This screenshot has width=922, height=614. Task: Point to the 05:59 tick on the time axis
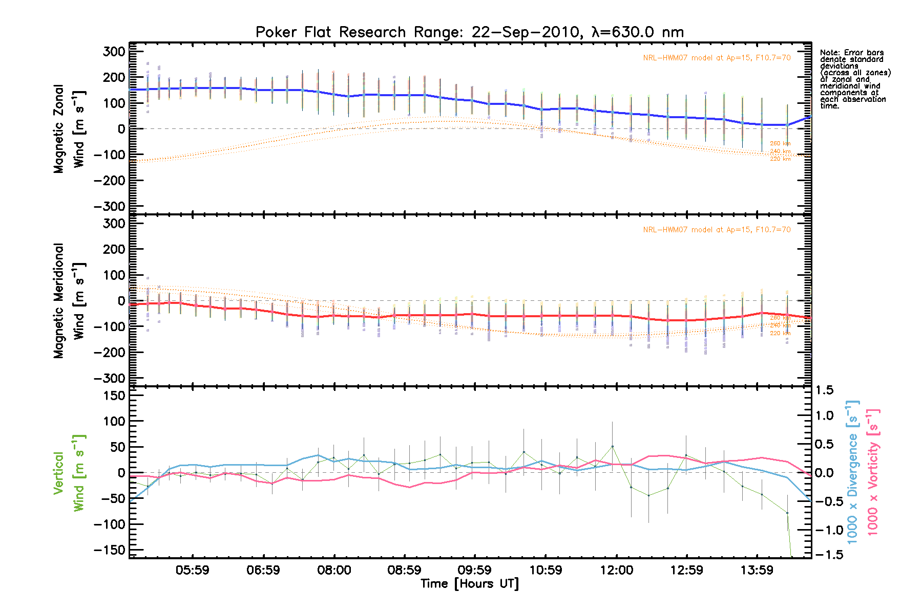click(193, 570)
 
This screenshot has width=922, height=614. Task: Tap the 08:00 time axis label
click(334, 570)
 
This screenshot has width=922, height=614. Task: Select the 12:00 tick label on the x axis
click(616, 570)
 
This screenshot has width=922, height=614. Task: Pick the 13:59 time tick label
click(757, 570)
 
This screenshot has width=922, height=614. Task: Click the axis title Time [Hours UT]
click(469, 584)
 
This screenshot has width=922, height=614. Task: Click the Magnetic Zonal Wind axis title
click(69, 128)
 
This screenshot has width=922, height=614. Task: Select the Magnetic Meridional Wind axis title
click(69, 300)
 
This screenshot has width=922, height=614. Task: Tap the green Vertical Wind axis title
click(69, 473)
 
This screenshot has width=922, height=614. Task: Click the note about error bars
click(854, 79)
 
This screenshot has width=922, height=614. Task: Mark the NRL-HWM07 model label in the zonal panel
click(717, 58)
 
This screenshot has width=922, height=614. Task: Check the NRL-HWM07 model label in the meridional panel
click(717, 230)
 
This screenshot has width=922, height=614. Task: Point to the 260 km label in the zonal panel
click(780, 144)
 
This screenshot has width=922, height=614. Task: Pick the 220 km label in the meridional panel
click(780, 334)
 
